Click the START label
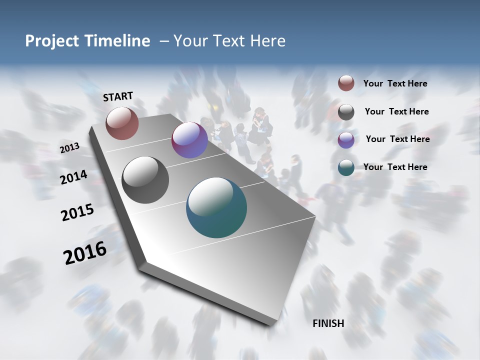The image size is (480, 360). coord(118,96)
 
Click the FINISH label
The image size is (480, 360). coord(328,323)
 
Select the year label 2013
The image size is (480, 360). coord(69,148)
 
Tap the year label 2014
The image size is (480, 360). coord(73,177)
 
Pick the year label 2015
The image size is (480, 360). coord(77,212)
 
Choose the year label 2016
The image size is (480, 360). coord(85,253)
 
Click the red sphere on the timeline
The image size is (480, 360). coord(122,123)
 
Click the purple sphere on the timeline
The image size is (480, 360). coord(189,140)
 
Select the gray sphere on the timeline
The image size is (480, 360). coord(145,180)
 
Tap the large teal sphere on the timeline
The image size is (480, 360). coord(216,207)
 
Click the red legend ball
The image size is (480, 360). coord(346,83)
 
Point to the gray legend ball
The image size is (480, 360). coord(346,112)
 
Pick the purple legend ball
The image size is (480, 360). coord(346,140)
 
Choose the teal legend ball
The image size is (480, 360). coord(346,168)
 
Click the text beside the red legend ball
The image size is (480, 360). coord(395,84)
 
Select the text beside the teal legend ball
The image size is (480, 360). coord(395,167)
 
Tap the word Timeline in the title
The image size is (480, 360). coord(117,41)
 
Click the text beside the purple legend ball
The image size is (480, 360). coord(397,139)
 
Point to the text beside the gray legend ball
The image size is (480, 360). coord(396,111)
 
